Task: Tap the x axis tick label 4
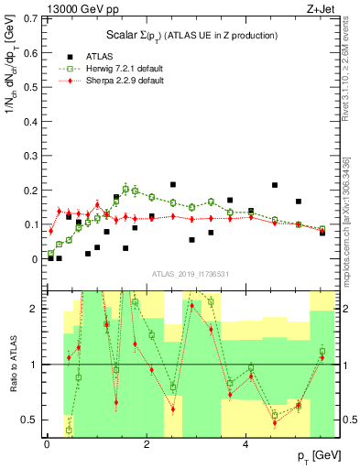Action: pos(245,445)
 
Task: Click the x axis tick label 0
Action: pos(47,445)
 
